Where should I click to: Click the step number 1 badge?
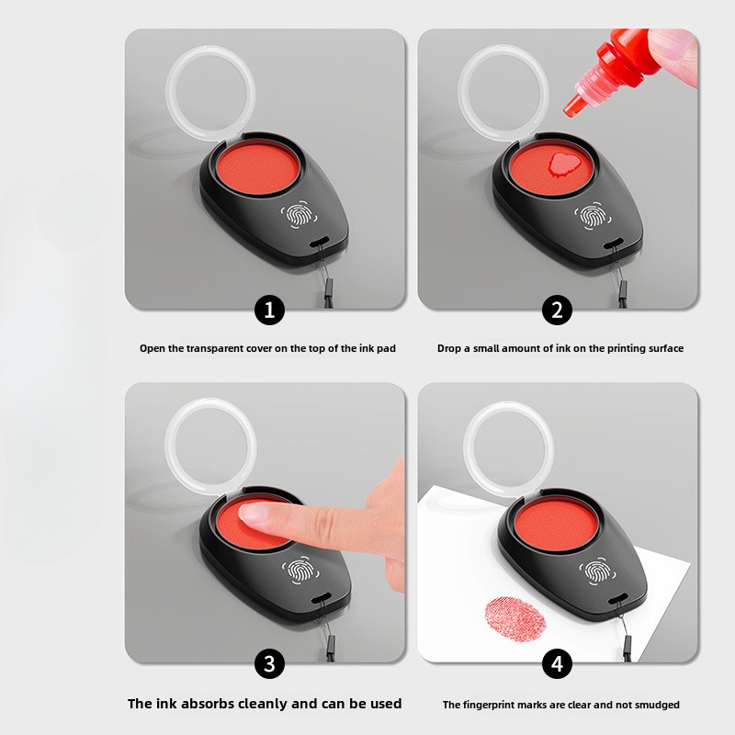click(269, 310)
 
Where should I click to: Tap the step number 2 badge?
click(557, 310)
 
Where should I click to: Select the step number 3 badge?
click(269, 663)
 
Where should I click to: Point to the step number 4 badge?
click(557, 663)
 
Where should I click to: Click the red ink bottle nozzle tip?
click(569, 110)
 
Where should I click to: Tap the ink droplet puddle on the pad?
click(564, 165)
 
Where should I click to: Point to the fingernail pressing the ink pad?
click(254, 513)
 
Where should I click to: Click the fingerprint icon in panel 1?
click(299, 216)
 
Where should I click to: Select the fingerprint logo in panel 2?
click(593, 216)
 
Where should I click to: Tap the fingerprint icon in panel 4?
click(597, 571)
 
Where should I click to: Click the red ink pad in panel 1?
click(257, 169)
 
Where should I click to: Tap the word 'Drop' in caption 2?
click(447, 348)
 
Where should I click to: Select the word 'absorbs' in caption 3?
click(209, 704)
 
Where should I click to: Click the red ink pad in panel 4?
click(557, 525)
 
